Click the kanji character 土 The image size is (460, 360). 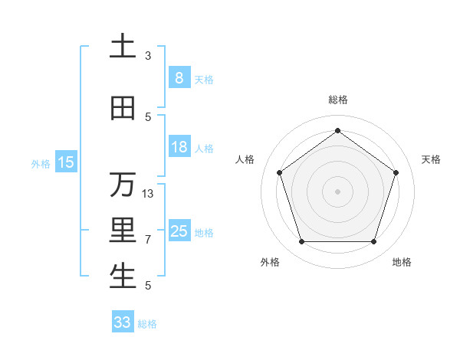click(123, 46)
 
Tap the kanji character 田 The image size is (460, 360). click(123, 109)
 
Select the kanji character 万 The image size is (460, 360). click(123, 185)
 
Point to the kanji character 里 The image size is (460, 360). click(123, 231)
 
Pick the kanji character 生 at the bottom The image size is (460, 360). click(123, 277)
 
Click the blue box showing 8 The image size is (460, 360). click(179, 78)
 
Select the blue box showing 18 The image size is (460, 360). click(179, 148)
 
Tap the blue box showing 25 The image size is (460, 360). click(179, 232)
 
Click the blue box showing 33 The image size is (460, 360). click(123, 322)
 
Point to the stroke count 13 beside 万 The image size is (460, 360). click(148, 194)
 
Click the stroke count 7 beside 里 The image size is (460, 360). click(148, 240)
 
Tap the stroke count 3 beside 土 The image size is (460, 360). click(148, 56)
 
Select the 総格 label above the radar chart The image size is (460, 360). click(338, 100)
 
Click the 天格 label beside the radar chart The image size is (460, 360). click(431, 159)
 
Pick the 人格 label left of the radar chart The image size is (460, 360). click(245, 159)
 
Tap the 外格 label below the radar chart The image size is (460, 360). click(270, 262)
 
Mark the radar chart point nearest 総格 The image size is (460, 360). click(338, 130)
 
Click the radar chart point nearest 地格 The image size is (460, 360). click(374, 242)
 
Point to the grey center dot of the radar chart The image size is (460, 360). click(338, 191)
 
